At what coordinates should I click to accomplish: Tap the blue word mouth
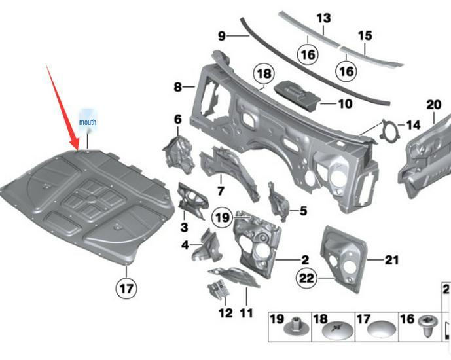[x=87, y=122]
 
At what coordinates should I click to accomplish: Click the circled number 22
[x=306, y=278]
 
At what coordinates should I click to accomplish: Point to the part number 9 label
[x=221, y=35]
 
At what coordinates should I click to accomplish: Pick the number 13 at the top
[x=324, y=18]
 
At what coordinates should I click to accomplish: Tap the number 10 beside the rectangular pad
[x=345, y=103]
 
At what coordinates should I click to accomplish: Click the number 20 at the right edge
[x=434, y=105]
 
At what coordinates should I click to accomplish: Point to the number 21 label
[x=391, y=261]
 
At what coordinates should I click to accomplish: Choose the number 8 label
[x=177, y=87]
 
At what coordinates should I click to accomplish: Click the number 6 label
[x=177, y=119]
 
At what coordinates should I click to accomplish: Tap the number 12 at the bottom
[x=225, y=313]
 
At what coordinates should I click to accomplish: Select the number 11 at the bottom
[x=246, y=313]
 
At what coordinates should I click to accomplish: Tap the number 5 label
[x=303, y=211]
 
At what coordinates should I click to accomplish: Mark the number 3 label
[x=184, y=227]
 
